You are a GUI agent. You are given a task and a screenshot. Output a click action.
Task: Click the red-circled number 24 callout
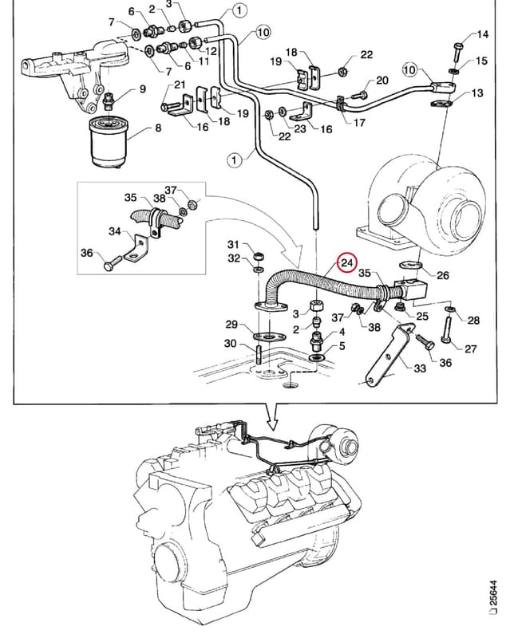click(346, 263)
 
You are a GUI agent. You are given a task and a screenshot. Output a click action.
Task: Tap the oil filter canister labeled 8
click(109, 143)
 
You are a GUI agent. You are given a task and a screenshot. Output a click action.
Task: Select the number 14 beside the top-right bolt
click(482, 34)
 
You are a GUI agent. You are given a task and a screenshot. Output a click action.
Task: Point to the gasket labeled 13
click(442, 104)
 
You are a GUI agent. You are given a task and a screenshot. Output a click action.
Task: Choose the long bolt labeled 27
click(446, 329)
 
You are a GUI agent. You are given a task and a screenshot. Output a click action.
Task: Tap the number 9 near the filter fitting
click(142, 89)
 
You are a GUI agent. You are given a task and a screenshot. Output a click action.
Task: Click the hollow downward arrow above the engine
click(272, 417)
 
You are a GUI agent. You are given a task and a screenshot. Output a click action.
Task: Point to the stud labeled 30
click(259, 355)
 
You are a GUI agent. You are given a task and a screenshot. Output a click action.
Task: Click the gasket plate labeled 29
click(269, 337)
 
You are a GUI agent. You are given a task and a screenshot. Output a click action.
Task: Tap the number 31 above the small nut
click(233, 244)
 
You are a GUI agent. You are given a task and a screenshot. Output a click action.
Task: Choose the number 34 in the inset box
click(115, 231)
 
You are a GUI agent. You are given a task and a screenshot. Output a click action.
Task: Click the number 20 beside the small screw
click(382, 81)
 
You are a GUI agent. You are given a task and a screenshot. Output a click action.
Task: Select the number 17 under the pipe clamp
click(359, 122)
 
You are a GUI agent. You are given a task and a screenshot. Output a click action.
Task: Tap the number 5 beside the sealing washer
click(342, 345)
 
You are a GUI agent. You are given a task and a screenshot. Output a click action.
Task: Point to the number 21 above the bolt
click(180, 85)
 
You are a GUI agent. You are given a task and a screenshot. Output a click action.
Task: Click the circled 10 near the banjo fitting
click(409, 69)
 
